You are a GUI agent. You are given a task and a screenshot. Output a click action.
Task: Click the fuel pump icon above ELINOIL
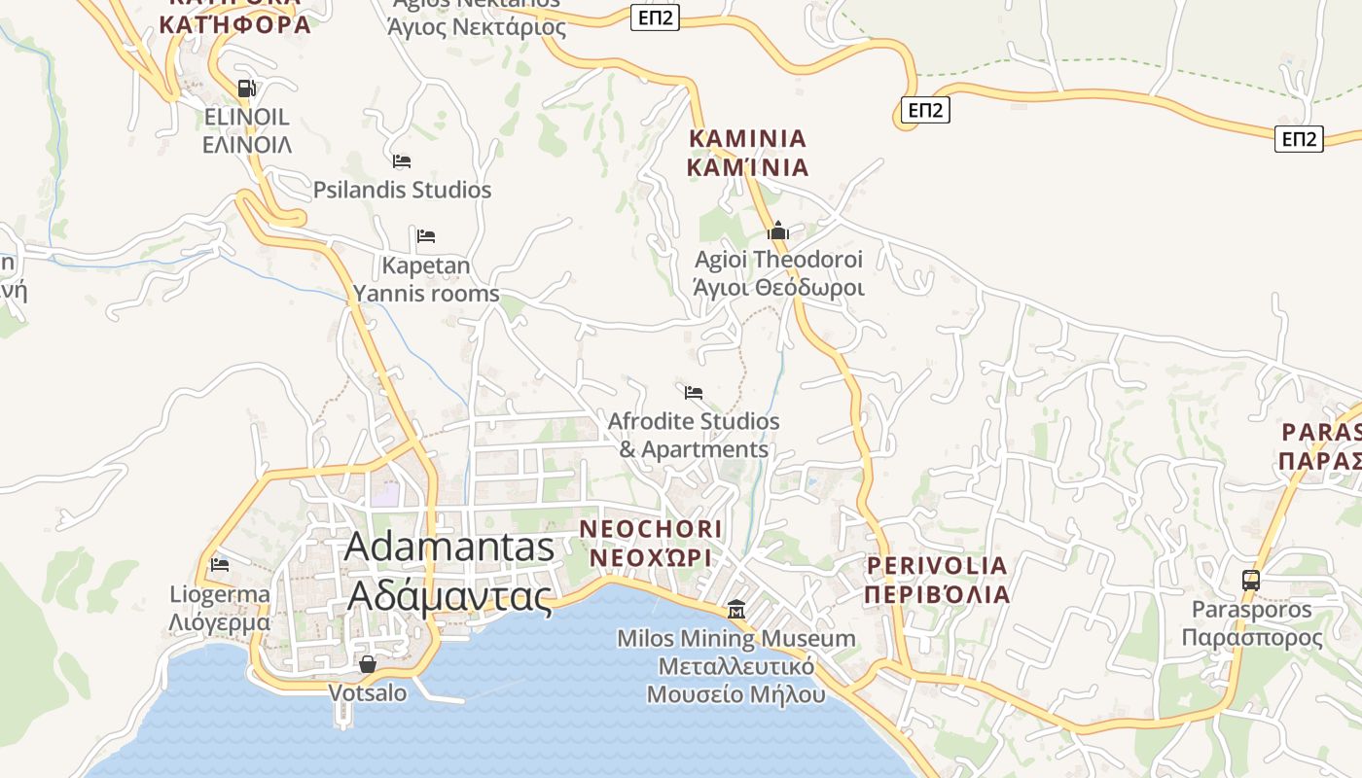247,88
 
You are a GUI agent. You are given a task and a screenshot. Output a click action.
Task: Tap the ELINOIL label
247,130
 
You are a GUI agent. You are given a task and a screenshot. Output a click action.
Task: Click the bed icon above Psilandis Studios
402,161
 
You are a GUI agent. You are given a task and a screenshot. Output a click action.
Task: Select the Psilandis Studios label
402,190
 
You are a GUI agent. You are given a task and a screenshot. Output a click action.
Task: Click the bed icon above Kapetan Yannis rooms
426,236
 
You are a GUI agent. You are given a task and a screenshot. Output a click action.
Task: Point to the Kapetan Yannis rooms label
426,279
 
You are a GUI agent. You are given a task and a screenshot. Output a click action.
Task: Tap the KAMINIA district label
747,153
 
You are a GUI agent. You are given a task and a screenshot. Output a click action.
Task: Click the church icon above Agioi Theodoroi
777,231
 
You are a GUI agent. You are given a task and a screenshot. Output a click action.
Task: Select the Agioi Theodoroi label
778,273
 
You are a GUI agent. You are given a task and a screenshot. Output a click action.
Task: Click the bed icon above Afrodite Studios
694,393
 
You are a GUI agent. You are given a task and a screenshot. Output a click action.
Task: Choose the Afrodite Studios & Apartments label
694,435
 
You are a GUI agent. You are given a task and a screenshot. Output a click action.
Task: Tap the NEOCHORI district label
651,543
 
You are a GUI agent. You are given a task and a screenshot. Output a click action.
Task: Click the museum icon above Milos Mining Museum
736,610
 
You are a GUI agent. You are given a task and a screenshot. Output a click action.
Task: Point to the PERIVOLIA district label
937,579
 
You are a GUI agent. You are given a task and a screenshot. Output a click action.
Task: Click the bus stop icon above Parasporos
1251,581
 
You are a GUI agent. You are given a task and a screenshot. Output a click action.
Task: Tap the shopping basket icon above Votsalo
368,665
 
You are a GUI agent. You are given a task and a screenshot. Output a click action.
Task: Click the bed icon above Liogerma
220,564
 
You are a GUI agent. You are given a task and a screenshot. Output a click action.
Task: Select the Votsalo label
368,693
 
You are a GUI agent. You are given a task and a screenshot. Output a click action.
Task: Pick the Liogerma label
220,608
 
